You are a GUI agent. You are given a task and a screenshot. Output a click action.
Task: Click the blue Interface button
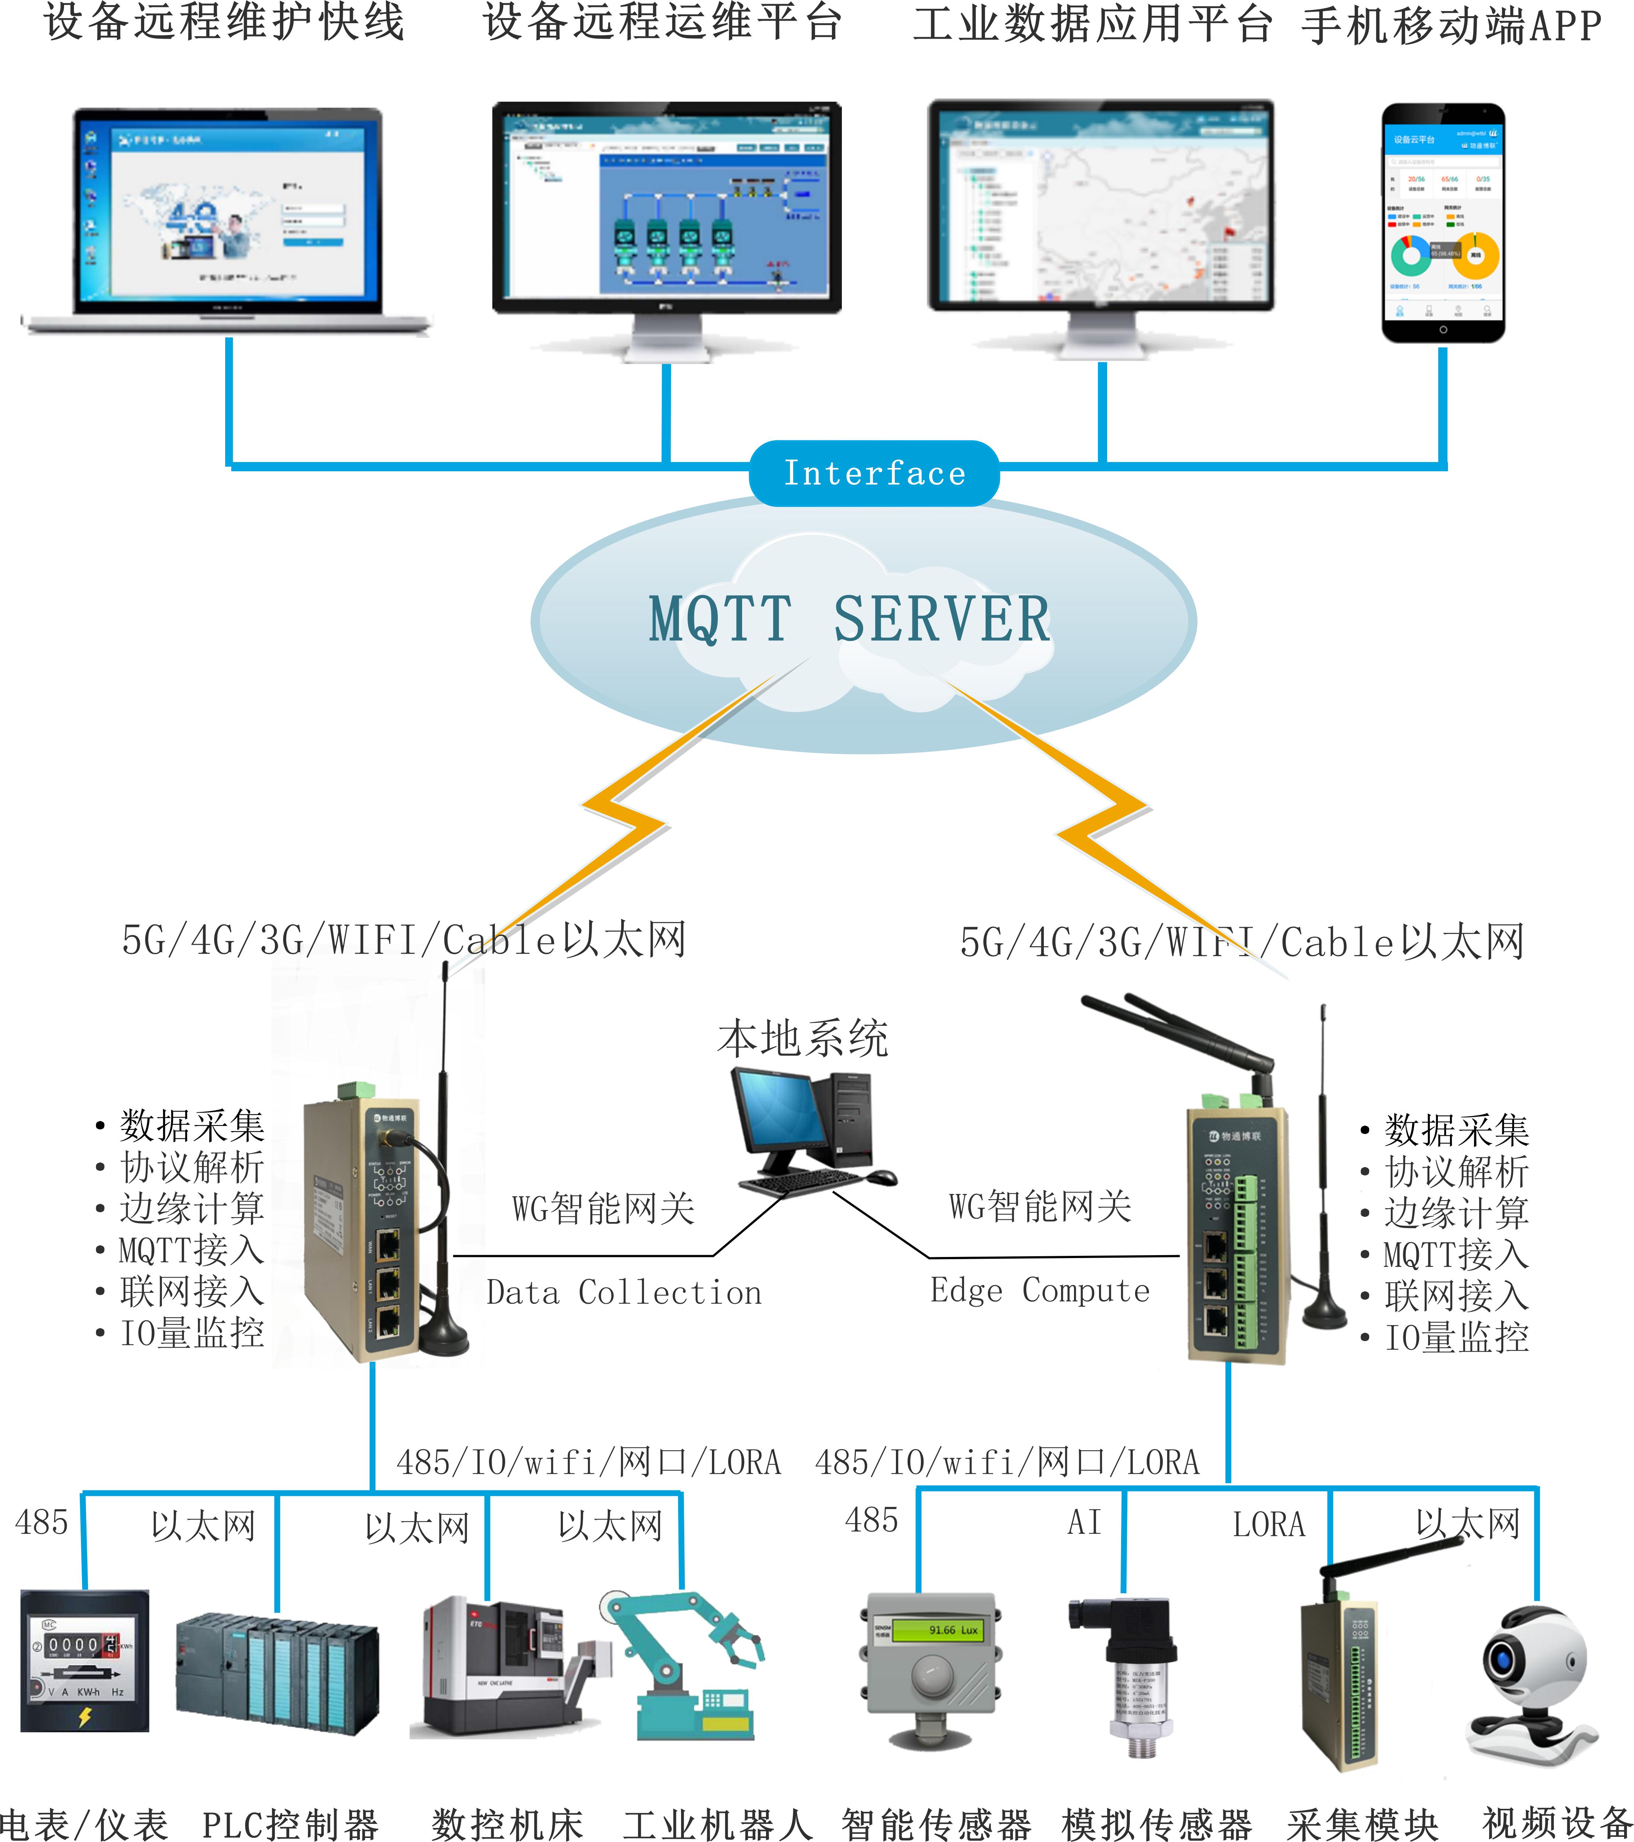(x=874, y=473)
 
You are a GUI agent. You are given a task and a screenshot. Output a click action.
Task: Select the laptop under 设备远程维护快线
(x=227, y=221)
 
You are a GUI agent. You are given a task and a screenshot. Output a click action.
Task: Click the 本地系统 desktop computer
(x=811, y=1131)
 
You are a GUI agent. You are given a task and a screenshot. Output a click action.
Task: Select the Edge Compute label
(x=1039, y=1290)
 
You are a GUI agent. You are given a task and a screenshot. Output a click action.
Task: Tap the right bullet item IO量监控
(x=1456, y=1337)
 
